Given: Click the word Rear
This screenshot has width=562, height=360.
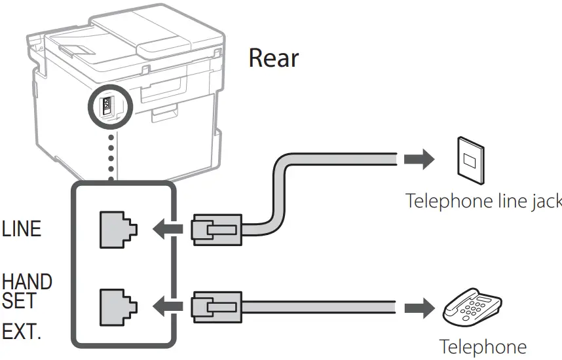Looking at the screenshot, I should click(x=273, y=59).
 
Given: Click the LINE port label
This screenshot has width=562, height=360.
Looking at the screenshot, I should click(x=22, y=228).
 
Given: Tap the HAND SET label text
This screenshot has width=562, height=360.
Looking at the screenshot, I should click(x=27, y=291).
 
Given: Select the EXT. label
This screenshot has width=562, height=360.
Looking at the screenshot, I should click(x=21, y=331).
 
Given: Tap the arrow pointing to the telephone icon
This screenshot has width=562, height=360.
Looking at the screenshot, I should click(x=419, y=306).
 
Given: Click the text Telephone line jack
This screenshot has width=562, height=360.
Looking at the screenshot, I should click(x=483, y=200).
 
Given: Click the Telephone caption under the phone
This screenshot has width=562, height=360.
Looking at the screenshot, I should click(x=482, y=347).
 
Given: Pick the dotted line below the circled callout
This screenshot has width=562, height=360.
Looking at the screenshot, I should click(x=111, y=154).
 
